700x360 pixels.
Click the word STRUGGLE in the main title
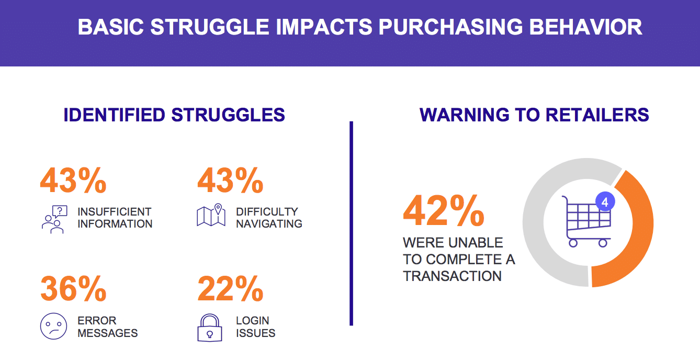pyautogui.click(x=210, y=27)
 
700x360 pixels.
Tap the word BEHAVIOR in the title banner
pyautogui.click(x=585, y=27)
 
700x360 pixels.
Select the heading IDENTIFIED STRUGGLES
pyautogui.click(x=174, y=115)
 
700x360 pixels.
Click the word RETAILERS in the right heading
pyautogui.click(x=597, y=115)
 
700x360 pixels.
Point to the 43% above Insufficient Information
pyautogui.click(x=73, y=181)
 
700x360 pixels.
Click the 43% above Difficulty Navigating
pyautogui.click(x=230, y=181)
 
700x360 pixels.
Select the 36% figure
pyautogui.click(x=73, y=288)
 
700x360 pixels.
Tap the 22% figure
pyautogui.click(x=230, y=288)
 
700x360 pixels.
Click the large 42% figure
pyautogui.click(x=444, y=210)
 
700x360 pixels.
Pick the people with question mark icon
pyautogui.click(x=54, y=219)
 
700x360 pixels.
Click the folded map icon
pyautogui.click(x=211, y=215)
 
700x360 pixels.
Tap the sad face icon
pyautogui.click(x=53, y=327)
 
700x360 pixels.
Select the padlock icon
pyautogui.click(x=210, y=328)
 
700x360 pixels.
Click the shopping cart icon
pyautogui.click(x=586, y=221)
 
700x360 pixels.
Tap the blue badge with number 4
pyautogui.click(x=605, y=201)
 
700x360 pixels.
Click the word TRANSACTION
pyautogui.click(x=452, y=276)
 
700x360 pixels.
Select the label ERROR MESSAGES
pyautogui.click(x=107, y=327)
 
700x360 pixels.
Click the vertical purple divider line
pyautogui.click(x=351, y=223)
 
